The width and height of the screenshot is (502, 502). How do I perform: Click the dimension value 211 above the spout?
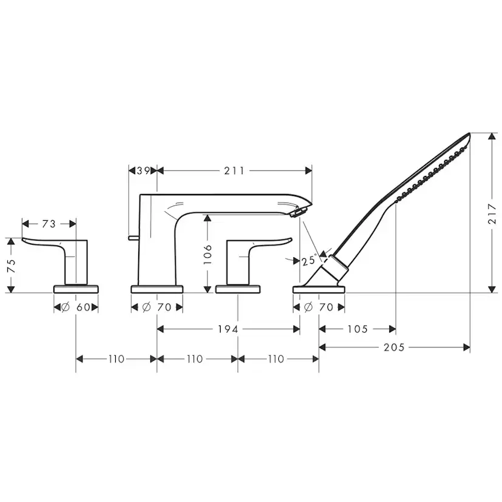click(x=233, y=171)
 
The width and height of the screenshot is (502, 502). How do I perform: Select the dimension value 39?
click(x=143, y=171)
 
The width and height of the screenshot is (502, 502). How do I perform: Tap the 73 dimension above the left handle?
click(x=49, y=224)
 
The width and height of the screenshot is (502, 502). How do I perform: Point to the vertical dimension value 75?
click(x=10, y=265)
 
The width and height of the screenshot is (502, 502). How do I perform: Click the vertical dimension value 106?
click(x=208, y=253)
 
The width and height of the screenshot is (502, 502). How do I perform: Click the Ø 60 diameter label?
click(x=76, y=307)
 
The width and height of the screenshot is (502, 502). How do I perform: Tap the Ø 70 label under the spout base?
click(x=156, y=307)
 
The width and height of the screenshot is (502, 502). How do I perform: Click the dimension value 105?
click(x=358, y=329)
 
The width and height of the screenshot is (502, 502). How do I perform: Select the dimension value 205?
click(x=395, y=347)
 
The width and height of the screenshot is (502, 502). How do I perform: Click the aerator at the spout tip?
click(x=297, y=212)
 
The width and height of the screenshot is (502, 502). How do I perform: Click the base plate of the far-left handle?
click(x=76, y=288)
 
